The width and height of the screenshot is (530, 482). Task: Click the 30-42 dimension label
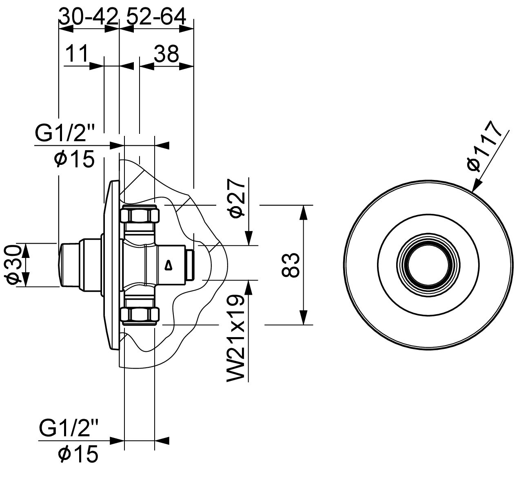tap(88, 16)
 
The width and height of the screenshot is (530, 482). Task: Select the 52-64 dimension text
tap(156, 16)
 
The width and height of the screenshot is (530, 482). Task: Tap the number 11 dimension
tap(76, 53)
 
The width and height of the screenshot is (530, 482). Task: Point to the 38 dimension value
tap(166, 53)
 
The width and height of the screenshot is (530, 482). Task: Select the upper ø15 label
tap(74, 159)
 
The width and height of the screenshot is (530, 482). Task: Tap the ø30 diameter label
tap(12, 264)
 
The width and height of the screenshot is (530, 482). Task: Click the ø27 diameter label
tap(237, 199)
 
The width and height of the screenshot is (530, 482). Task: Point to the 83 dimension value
tap(291, 265)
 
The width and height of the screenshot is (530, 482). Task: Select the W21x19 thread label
tap(236, 339)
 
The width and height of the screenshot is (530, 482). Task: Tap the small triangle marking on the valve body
tap(168, 265)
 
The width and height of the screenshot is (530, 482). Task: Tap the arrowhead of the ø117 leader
tap(475, 185)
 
